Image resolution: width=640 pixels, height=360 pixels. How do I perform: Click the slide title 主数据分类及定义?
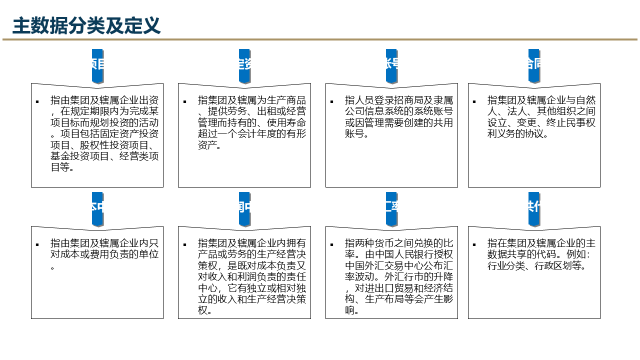(x=86, y=25)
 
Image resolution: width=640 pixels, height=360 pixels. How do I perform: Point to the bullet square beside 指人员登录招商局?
(x=331, y=101)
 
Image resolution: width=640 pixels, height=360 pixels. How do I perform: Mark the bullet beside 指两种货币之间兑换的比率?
(x=331, y=244)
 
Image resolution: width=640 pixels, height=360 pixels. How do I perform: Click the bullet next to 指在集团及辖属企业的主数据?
(x=474, y=244)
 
